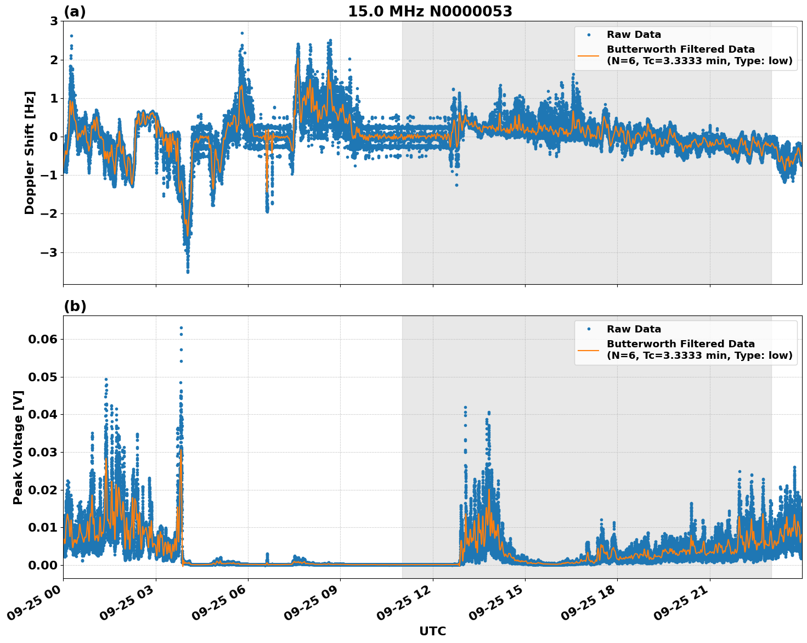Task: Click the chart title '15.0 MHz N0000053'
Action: (x=430, y=12)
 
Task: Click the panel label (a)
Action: (x=75, y=12)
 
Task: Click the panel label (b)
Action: (x=75, y=306)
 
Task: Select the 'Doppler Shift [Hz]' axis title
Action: (x=30, y=153)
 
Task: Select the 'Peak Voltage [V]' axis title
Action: (x=18, y=447)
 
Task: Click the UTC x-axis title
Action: (x=432, y=631)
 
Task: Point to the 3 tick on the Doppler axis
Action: (x=54, y=21)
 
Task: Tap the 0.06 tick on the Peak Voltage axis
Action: (x=42, y=340)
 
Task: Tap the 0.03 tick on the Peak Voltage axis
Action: (x=42, y=453)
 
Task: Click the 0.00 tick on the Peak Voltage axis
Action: (x=42, y=565)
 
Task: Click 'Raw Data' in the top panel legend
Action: (x=634, y=35)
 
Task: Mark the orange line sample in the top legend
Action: (x=588, y=55)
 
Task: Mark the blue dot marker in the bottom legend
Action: (x=588, y=329)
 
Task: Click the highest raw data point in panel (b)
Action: (x=181, y=328)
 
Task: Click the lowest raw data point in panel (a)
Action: (x=188, y=272)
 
